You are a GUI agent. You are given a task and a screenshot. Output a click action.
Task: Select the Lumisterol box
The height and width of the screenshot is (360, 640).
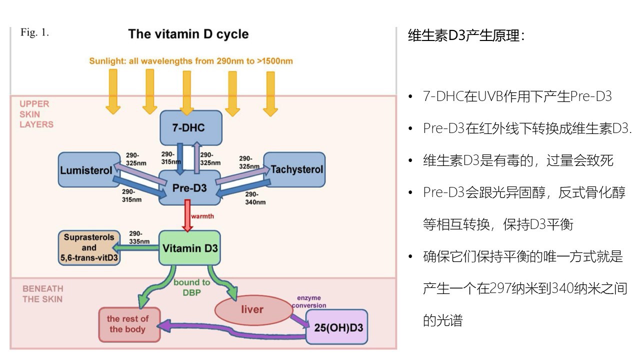(x=86, y=170)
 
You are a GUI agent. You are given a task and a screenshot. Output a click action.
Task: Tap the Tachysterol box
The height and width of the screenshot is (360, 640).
(x=296, y=169)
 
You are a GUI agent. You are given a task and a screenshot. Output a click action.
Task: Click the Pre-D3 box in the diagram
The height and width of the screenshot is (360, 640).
(x=189, y=187)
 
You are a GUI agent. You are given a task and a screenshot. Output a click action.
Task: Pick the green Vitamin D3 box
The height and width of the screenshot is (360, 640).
(x=189, y=247)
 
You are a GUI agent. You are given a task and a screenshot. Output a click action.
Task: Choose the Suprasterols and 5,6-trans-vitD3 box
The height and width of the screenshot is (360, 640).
(x=89, y=247)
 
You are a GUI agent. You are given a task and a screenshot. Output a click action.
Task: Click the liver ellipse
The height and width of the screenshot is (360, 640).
(x=252, y=309)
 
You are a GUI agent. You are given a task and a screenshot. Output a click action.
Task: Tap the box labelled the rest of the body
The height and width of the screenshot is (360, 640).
(x=128, y=324)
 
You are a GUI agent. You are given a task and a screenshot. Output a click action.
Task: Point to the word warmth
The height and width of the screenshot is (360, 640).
(x=203, y=216)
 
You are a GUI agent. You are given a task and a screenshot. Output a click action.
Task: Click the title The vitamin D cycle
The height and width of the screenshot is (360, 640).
(x=188, y=34)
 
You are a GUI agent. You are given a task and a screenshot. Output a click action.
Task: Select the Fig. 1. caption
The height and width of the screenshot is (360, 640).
(x=34, y=32)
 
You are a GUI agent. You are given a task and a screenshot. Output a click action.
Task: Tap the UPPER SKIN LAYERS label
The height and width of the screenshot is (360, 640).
(x=36, y=114)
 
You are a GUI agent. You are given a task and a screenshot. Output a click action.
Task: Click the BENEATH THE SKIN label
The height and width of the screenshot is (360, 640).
(x=43, y=294)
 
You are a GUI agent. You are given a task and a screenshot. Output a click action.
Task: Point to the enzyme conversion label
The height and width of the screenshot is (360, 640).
(x=309, y=301)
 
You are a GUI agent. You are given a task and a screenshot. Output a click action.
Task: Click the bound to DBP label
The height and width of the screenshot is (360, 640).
(x=191, y=287)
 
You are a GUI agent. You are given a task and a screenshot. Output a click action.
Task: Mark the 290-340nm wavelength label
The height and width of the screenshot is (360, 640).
(x=255, y=198)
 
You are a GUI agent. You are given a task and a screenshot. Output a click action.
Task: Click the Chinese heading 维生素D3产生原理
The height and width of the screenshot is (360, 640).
(x=466, y=36)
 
